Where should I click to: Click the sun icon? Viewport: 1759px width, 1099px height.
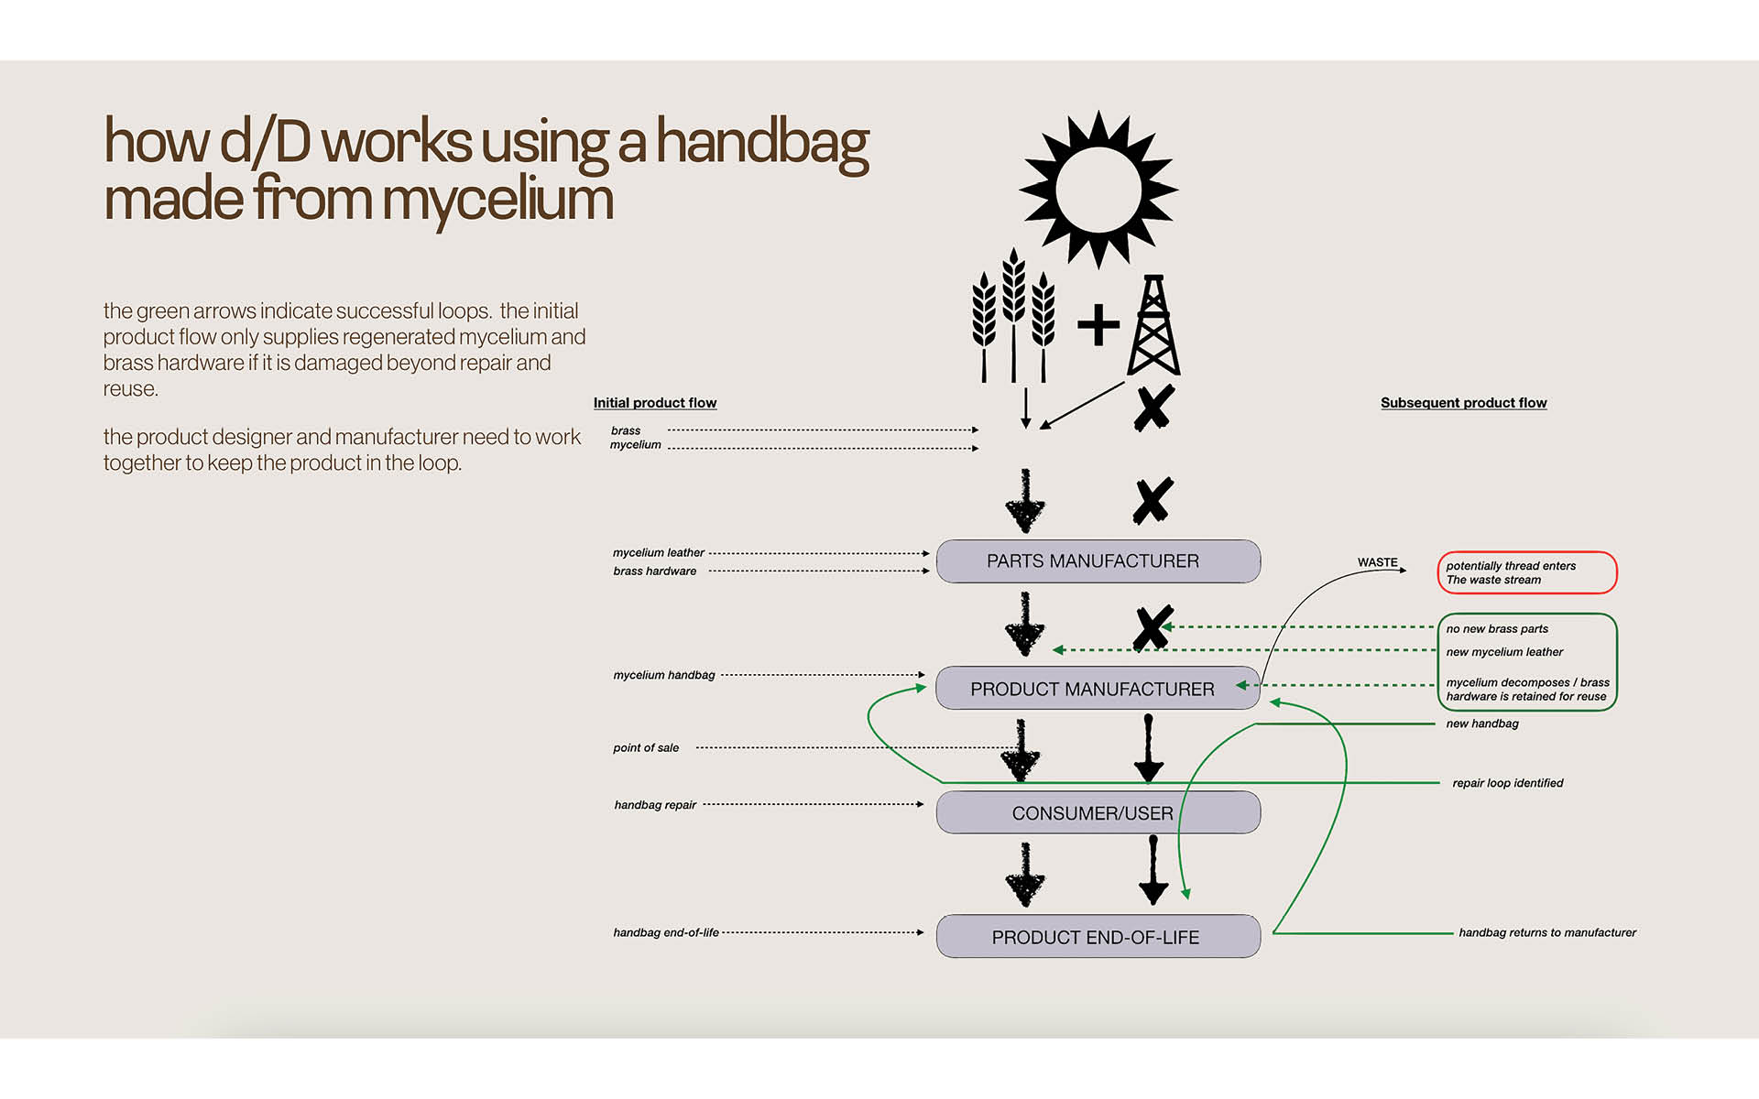(1098, 190)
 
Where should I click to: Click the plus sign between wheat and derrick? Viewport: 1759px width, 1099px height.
(1098, 325)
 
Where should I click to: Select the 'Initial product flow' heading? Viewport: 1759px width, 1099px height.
(654, 403)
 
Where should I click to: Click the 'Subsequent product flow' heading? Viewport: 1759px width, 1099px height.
(1463, 403)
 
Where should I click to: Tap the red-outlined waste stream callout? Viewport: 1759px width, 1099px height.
(1526, 573)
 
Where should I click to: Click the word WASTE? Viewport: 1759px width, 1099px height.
(1377, 562)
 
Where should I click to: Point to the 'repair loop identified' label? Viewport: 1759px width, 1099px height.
(1507, 783)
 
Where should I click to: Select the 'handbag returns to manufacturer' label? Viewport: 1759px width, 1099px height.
(1546, 932)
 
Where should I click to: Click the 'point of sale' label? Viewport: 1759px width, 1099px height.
(646, 748)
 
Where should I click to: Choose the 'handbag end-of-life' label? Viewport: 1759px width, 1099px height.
(666, 932)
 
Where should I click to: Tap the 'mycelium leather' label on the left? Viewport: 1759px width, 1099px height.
(658, 553)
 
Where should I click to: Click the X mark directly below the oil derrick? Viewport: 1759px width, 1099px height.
(1153, 408)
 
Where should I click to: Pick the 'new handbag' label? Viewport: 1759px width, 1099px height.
(1481, 724)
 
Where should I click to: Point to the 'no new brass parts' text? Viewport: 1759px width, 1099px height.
(1497, 629)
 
